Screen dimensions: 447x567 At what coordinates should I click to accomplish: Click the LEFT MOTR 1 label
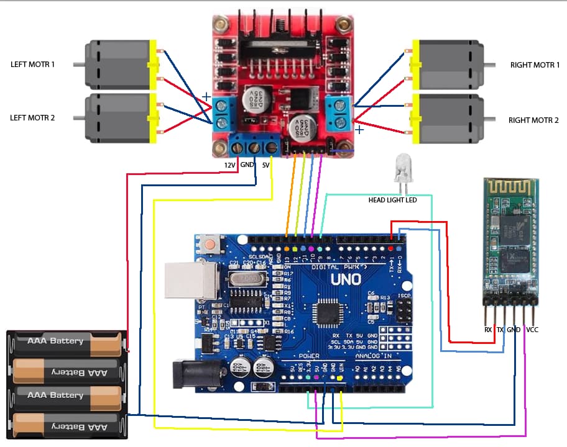32,64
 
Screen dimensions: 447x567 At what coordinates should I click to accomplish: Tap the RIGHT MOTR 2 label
534,120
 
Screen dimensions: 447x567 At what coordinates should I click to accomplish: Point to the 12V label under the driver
229,165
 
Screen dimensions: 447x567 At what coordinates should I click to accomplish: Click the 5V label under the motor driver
265,165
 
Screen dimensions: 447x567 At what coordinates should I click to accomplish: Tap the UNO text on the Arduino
346,279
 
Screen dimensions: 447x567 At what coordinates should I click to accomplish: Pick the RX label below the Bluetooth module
487,330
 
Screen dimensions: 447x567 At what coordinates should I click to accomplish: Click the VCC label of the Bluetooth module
532,330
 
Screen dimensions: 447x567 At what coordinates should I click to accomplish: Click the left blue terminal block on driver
223,114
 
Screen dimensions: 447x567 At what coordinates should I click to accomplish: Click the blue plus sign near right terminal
359,130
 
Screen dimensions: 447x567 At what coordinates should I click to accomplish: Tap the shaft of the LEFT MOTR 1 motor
78,64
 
